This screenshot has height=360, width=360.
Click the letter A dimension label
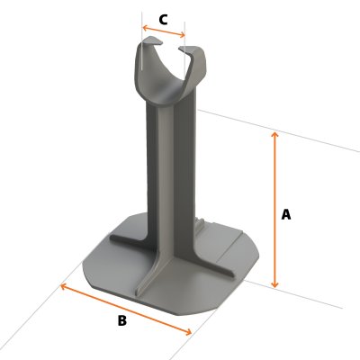[286, 214]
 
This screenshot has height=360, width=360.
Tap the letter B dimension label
[122, 320]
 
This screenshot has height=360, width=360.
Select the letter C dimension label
[163, 19]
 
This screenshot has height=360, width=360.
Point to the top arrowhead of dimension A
[275, 132]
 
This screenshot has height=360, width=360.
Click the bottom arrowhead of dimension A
[275, 285]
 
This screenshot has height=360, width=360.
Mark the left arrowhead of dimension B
[63, 285]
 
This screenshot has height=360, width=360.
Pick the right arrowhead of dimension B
[190, 333]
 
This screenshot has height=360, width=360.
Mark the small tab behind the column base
[203, 220]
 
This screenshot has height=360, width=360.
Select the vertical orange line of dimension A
[275, 180]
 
